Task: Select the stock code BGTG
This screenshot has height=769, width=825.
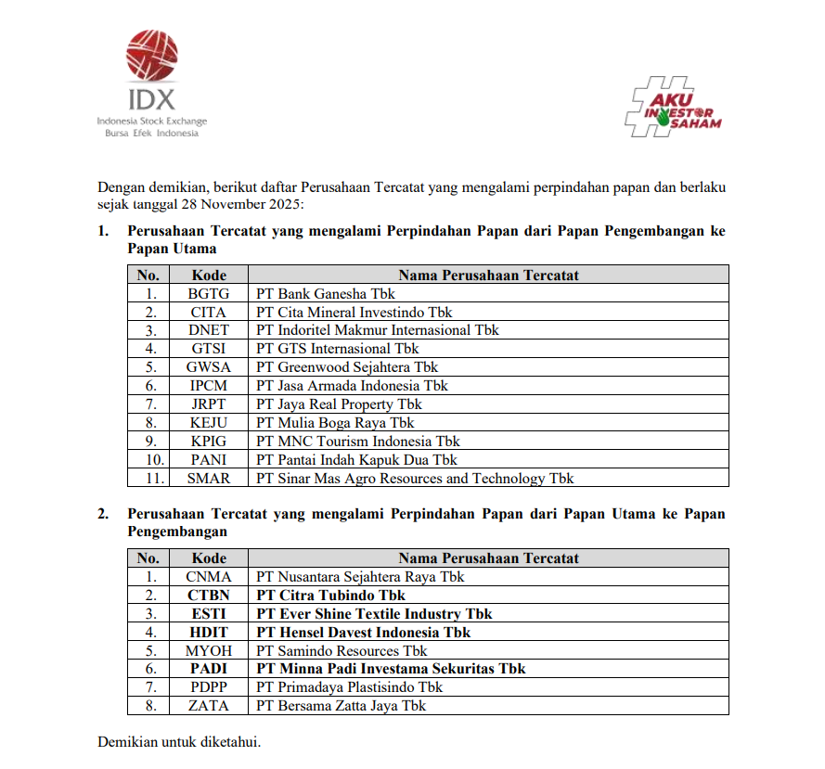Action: (x=208, y=293)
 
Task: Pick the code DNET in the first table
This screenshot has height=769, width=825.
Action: (x=208, y=330)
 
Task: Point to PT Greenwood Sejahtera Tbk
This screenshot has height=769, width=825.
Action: (x=347, y=367)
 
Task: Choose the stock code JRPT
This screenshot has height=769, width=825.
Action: (x=208, y=404)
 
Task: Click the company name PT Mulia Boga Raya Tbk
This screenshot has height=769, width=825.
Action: (x=335, y=423)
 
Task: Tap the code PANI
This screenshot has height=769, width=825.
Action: (x=208, y=460)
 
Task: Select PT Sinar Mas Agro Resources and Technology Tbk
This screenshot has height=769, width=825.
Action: (x=415, y=479)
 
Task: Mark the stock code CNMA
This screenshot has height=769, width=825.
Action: (x=208, y=577)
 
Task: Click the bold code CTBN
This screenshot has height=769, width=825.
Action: (x=208, y=596)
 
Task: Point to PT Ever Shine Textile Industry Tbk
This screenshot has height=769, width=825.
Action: (x=374, y=614)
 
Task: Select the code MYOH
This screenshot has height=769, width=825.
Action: (x=208, y=651)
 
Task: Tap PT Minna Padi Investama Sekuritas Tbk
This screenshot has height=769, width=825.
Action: (x=391, y=669)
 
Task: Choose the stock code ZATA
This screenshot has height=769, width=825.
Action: (x=208, y=706)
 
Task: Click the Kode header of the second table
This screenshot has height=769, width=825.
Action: (x=209, y=558)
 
